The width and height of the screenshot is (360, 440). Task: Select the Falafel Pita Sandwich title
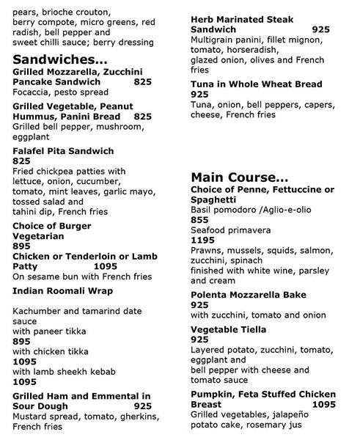tap(64, 150)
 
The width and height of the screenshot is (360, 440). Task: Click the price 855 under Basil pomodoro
tap(199, 219)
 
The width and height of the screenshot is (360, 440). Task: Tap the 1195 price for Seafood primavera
tap(202, 240)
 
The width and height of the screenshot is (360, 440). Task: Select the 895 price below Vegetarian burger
tap(23, 247)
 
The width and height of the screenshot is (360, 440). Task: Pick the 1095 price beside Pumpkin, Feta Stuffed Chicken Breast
tap(324, 403)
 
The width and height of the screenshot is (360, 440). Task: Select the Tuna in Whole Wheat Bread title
tap(257, 84)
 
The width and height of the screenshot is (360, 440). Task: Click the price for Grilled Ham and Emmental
tap(143, 404)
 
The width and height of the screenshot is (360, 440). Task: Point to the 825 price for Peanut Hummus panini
tap(143, 116)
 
